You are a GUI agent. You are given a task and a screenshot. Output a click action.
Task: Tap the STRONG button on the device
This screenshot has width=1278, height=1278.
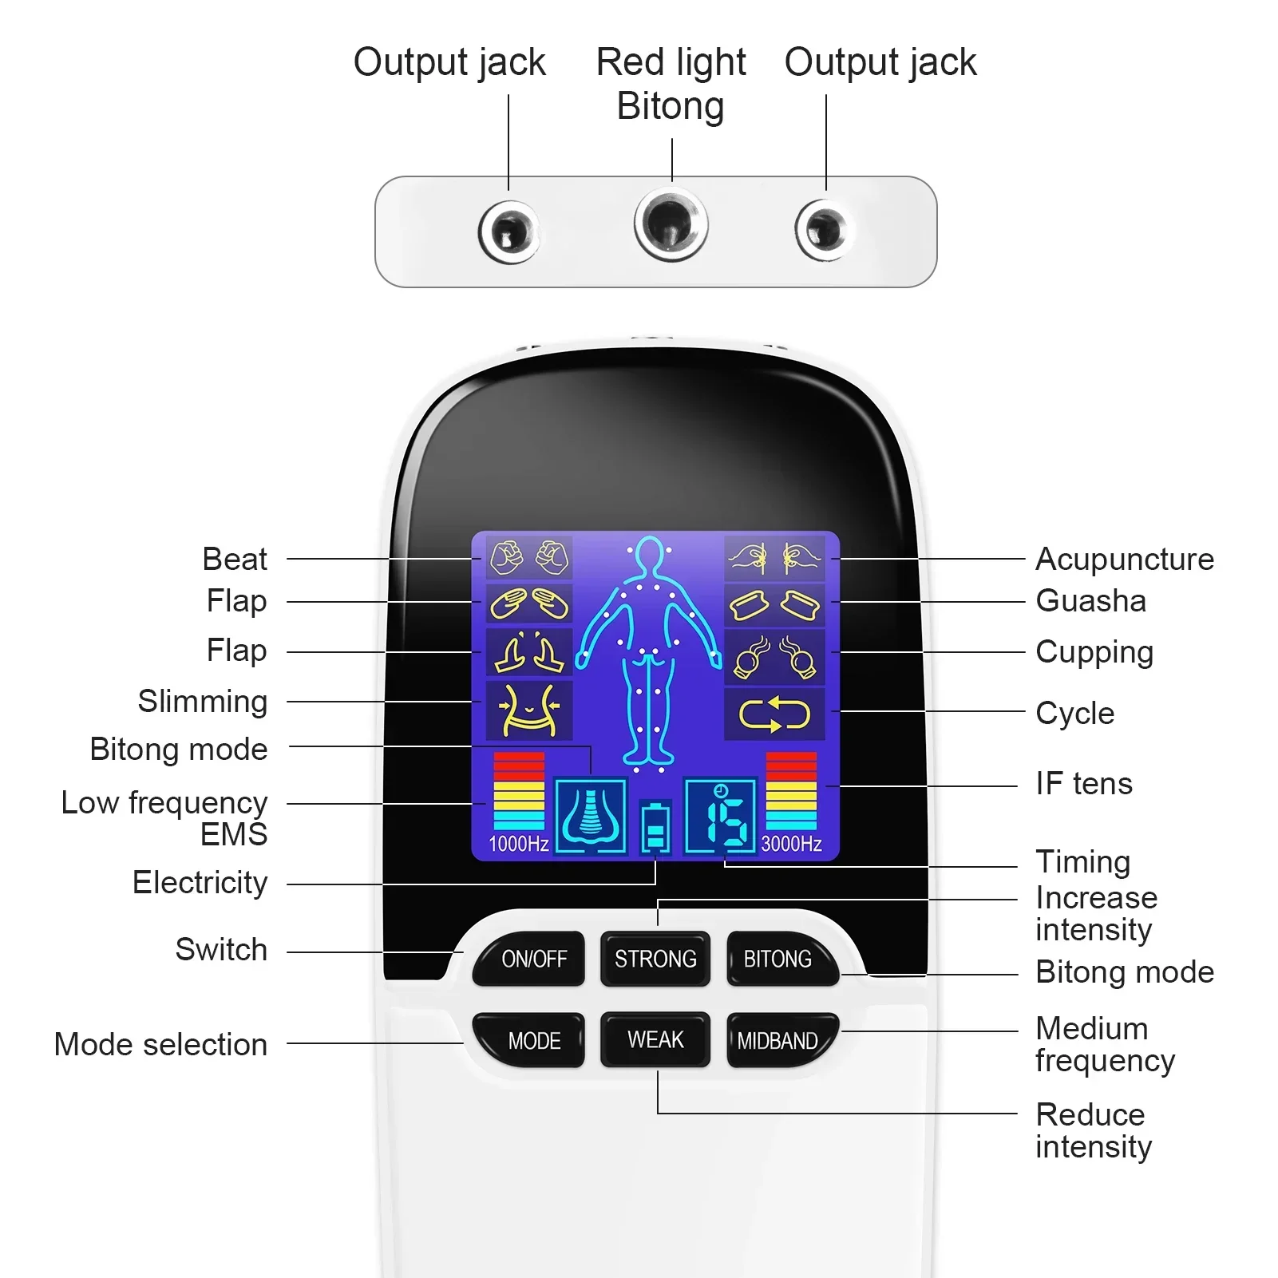click(655, 959)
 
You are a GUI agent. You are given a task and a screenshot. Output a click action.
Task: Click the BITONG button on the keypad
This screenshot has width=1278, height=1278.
click(778, 959)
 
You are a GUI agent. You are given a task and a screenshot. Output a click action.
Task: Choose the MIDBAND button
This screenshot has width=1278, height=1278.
click(778, 1041)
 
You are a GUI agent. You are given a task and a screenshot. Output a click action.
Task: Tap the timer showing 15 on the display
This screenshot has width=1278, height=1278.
click(721, 817)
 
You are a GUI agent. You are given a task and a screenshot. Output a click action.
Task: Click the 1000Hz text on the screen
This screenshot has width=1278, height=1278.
click(518, 844)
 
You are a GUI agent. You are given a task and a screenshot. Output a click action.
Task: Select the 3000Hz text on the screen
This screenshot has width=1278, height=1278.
click(791, 844)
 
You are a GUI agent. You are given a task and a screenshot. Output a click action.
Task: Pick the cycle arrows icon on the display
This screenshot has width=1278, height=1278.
click(774, 714)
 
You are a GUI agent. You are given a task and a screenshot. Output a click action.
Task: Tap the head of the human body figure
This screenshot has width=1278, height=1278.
click(650, 553)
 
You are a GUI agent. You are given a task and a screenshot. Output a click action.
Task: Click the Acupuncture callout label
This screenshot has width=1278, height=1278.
click(1124, 560)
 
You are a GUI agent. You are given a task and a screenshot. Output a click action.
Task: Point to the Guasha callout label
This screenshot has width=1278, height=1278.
click(1090, 601)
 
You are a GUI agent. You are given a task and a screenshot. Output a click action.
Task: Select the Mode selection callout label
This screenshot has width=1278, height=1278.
click(160, 1044)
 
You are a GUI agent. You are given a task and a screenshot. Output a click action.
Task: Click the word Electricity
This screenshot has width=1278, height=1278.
click(200, 883)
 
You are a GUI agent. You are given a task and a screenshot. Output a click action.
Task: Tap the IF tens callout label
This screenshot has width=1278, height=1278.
click(1083, 784)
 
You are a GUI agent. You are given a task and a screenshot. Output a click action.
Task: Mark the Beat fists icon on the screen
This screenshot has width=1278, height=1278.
click(528, 558)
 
